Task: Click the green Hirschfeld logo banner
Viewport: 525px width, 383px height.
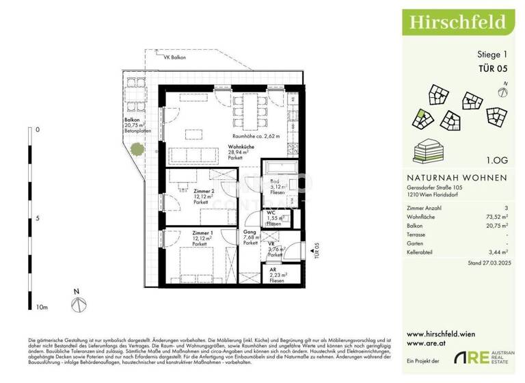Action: pos(457,21)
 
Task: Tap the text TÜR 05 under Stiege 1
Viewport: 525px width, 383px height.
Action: pos(492,68)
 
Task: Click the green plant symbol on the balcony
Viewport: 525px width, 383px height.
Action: pos(138,147)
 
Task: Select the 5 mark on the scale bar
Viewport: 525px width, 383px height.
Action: pos(38,219)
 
